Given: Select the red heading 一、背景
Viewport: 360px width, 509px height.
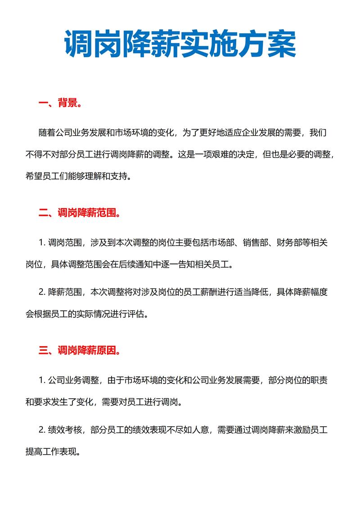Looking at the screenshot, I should pyautogui.click(x=60, y=104).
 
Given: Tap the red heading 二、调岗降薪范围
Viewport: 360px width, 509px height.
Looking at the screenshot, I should pyautogui.click(x=79, y=213).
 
